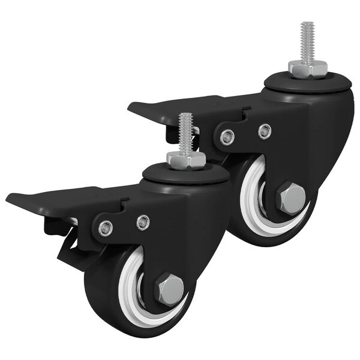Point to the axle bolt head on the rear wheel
click(x=292, y=199)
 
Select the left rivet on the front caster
click(x=106, y=229)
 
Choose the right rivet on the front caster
click(x=143, y=223)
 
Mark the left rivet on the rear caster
click(x=227, y=137)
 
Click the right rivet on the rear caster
click(x=264, y=131)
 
